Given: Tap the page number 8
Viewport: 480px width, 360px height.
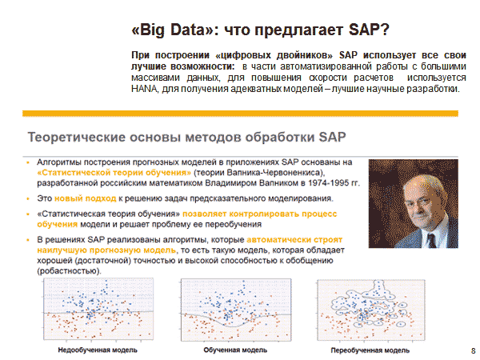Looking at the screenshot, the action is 474,350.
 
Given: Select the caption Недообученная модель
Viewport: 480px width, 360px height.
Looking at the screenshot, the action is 98,350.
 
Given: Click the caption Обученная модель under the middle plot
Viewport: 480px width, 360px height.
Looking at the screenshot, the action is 235,350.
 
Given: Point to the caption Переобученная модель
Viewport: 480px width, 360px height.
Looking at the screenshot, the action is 370,350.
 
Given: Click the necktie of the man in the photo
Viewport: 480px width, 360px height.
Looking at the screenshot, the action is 432,241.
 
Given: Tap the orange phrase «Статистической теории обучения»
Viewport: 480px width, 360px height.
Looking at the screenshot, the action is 114,173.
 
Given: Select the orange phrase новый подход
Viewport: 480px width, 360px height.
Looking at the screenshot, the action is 86,198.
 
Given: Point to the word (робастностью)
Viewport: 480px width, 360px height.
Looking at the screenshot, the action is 69,271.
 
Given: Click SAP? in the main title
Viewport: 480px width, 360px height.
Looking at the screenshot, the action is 369,30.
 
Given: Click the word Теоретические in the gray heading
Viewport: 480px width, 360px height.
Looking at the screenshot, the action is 76,137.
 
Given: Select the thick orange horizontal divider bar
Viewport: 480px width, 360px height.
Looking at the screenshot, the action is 240,114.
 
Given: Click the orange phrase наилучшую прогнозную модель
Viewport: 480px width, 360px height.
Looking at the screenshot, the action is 106,250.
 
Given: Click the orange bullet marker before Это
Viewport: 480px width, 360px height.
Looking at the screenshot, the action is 28,198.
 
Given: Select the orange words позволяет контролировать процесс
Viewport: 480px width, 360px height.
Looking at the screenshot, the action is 259,214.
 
